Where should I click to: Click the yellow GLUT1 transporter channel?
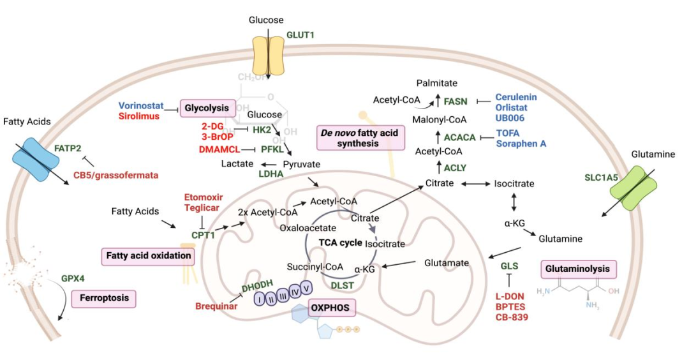click(x=268, y=56)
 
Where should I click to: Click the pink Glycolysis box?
click(x=209, y=109)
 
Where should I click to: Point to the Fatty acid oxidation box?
click(x=147, y=256)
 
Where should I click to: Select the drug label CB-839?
click(x=512, y=317)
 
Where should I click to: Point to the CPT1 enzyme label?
click(x=204, y=235)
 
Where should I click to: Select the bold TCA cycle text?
click(x=340, y=243)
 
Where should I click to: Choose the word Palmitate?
click(x=438, y=83)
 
